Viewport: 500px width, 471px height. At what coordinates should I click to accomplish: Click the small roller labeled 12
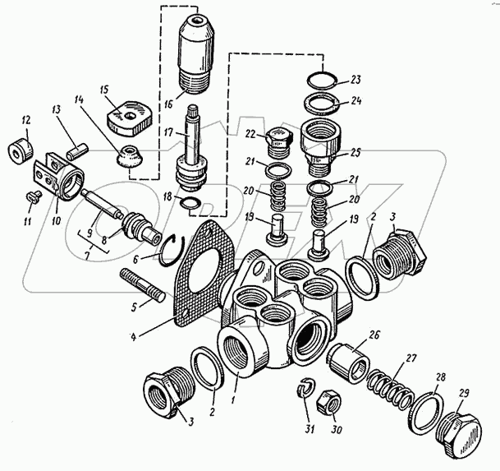point(21,151)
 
